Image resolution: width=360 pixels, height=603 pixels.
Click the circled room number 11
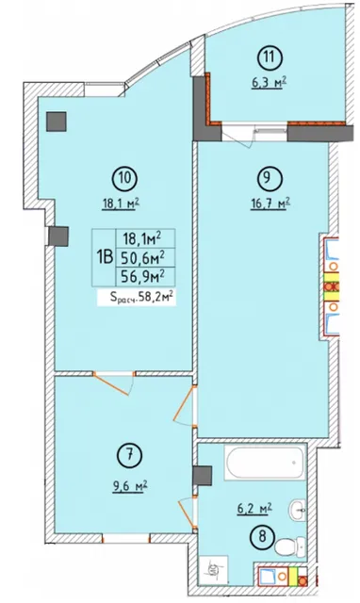click(270, 57)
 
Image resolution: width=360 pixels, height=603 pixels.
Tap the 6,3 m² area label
click(270, 83)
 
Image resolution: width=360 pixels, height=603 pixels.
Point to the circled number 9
click(268, 177)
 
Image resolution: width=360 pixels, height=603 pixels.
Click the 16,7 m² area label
click(270, 203)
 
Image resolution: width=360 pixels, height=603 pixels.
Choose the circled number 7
click(129, 456)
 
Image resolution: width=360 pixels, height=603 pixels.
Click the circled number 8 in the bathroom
click(262, 536)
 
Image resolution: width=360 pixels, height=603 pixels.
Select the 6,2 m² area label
click(254, 509)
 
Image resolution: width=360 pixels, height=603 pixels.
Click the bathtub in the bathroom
click(264, 463)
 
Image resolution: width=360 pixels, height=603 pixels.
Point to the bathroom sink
click(297, 511)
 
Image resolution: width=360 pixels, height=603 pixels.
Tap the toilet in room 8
click(290, 546)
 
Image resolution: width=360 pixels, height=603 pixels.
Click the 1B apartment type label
click(105, 257)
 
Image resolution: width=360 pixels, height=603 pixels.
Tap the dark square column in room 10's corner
click(57, 122)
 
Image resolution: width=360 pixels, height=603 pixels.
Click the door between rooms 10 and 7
click(114, 383)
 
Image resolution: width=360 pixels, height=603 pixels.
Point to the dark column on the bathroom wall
click(203, 476)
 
